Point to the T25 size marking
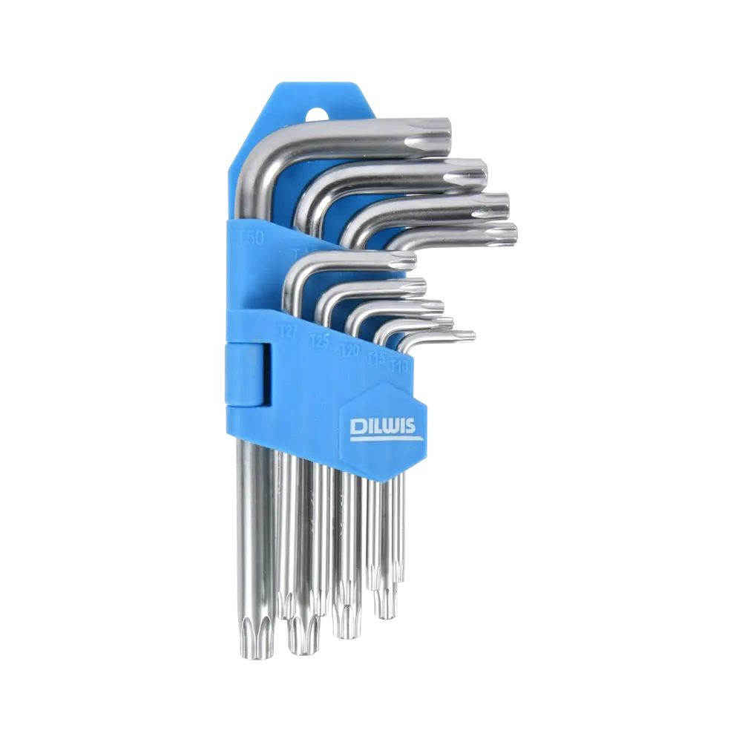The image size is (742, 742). click(x=320, y=341)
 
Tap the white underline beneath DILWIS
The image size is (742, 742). click(x=385, y=439)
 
